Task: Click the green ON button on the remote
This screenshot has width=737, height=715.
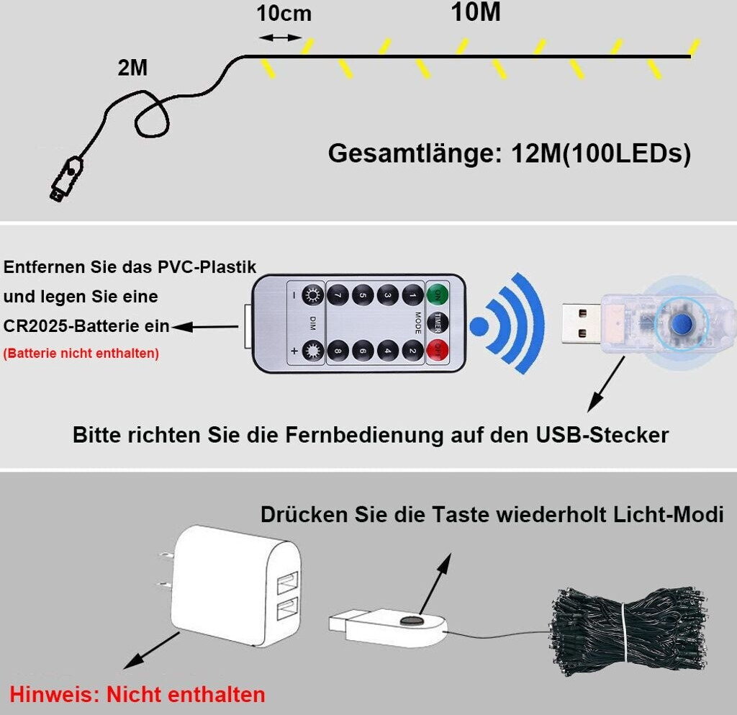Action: tap(435, 294)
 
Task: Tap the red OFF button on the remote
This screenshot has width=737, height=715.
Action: tap(435, 351)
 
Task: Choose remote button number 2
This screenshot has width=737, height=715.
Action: tap(412, 351)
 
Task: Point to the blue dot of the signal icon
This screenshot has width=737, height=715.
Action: tap(480, 326)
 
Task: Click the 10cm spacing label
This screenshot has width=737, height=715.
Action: tap(284, 14)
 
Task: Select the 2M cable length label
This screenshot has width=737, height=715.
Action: tap(132, 68)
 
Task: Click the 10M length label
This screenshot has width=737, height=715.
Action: tap(476, 12)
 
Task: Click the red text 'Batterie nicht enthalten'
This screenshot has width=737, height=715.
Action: tap(81, 354)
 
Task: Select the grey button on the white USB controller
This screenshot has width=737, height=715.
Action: tap(411, 619)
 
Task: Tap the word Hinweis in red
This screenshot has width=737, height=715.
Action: tap(55, 694)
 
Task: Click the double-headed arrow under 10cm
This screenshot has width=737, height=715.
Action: tap(280, 37)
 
